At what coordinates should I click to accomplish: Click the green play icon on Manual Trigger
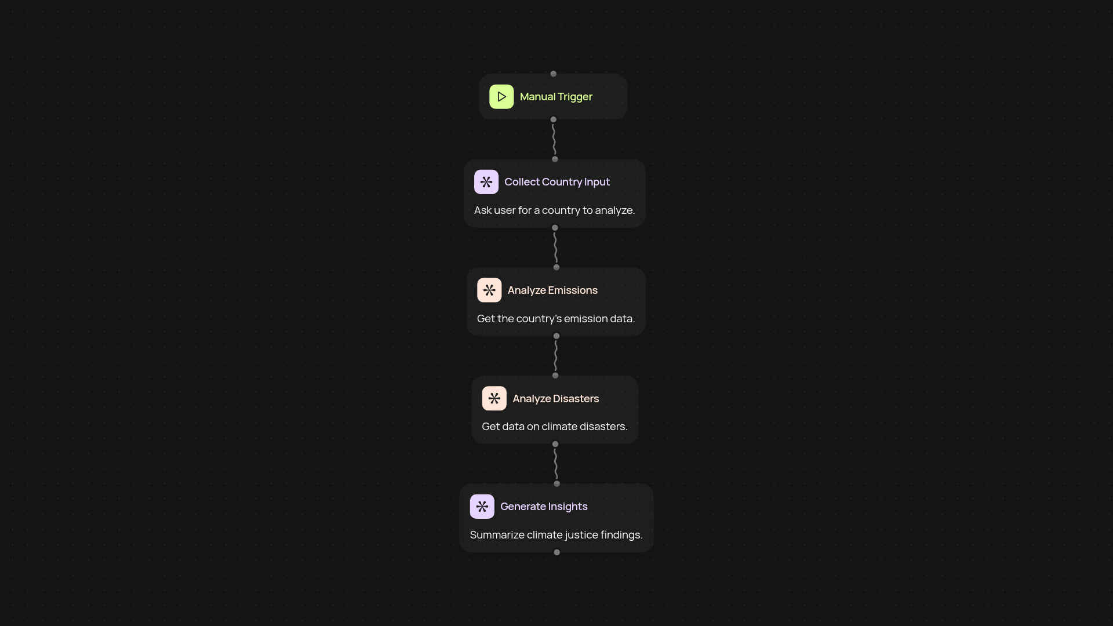(501, 97)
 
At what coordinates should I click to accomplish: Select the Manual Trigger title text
(556, 97)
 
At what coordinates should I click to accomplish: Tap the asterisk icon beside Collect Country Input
(486, 182)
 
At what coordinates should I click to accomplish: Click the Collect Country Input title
(557, 182)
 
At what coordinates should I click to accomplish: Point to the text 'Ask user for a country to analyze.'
(555, 210)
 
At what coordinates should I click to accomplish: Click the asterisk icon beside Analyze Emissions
(489, 290)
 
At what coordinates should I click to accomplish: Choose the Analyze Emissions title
(552, 290)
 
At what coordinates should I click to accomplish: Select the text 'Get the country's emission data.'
(556, 319)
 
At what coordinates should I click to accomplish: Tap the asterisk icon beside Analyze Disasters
(494, 399)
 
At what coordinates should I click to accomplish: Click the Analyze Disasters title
(556, 399)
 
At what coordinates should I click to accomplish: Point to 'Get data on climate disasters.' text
(555, 427)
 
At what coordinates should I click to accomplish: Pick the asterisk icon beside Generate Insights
(482, 507)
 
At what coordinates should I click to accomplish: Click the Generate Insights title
(544, 507)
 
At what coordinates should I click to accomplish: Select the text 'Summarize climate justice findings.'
(556, 535)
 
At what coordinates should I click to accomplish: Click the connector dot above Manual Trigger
(554, 74)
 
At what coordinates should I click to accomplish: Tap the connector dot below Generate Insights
(557, 552)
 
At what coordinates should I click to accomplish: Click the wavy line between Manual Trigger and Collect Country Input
(554, 139)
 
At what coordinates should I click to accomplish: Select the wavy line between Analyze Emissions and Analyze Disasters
(556, 356)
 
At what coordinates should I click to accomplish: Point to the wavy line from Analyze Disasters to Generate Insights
(556, 464)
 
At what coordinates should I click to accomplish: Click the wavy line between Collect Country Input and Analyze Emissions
(555, 248)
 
